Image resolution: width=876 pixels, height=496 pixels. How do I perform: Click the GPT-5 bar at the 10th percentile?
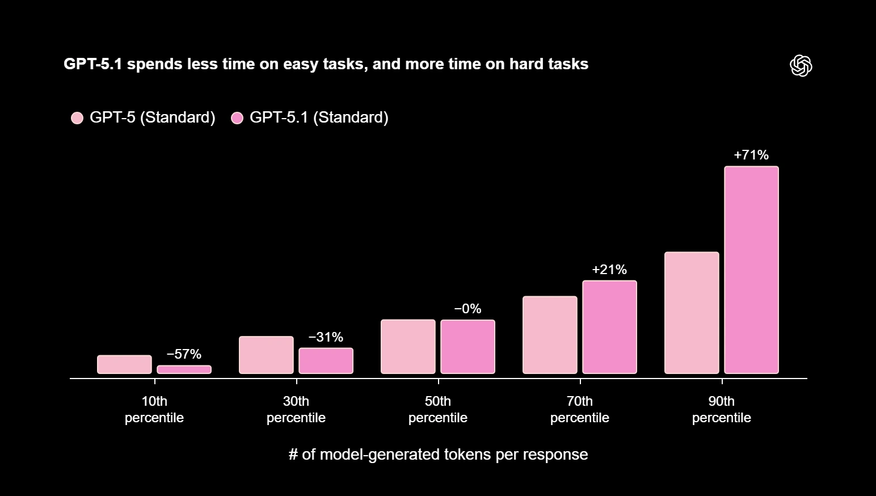click(x=124, y=364)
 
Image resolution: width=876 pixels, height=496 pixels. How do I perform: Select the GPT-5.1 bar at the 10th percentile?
click(x=184, y=369)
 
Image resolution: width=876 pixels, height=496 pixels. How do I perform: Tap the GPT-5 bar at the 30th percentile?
click(x=266, y=355)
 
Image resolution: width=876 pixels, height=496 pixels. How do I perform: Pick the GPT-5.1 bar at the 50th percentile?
click(x=468, y=347)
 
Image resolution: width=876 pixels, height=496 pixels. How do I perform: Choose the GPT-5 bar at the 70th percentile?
click(x=550, y=335)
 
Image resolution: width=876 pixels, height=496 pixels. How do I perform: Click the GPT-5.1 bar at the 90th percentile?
click(x=751, y=270)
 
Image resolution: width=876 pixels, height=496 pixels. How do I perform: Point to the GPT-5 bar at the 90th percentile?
click(x=692, y=313)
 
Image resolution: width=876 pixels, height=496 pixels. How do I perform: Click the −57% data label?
click(x=184, y=354)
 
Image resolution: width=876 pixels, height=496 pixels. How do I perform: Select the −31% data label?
click(x=326, y=337)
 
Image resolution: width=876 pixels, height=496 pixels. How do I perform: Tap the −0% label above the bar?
click(x=468, y=309)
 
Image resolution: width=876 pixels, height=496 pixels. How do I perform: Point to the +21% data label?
click(x=609, y=270)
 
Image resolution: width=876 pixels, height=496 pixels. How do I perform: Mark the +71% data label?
click(x=751, y=155)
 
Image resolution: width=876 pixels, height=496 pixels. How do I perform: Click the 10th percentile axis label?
click(x=154, y=409)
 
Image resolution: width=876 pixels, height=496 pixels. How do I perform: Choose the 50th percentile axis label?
click(x=438, y=409)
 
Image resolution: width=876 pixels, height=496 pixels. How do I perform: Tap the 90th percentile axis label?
click(x=722, y=409)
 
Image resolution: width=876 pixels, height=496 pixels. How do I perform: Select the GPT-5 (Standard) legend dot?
click(x=77, y=118)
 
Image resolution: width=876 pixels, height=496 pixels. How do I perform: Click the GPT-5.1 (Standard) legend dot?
click(x=237, y=118)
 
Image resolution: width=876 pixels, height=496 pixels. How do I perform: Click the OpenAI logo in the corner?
click(x=801, y=66)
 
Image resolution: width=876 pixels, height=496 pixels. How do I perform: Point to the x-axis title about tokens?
click(x=438, y=455)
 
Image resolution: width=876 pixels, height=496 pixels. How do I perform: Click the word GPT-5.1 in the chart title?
click(x=92, y=64)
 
